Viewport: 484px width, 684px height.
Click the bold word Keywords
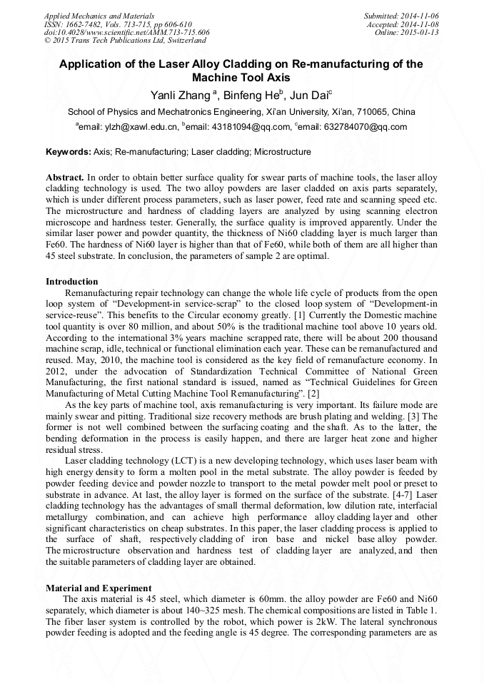(x=68, y=152)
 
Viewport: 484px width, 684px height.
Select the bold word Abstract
(x=64, y=176)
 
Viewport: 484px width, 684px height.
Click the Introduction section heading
(x=71, y=282)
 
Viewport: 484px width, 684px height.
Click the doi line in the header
(x=127, y=33)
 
